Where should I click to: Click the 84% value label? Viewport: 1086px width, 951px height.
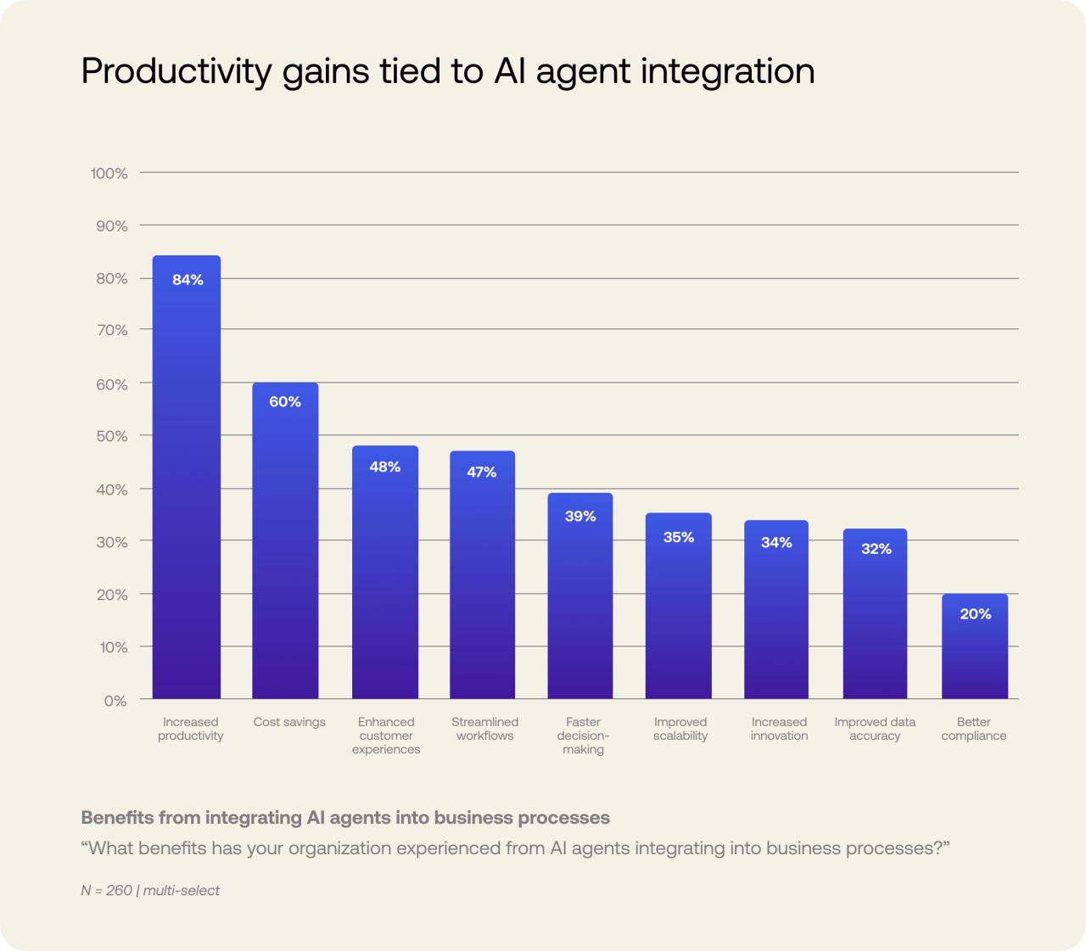(188, 280)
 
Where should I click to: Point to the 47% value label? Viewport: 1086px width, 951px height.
(482, 473)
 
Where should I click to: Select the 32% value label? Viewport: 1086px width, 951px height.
(876, 549)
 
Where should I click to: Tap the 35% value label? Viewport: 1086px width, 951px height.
(679, 537)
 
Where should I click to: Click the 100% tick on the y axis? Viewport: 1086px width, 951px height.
(109, 173)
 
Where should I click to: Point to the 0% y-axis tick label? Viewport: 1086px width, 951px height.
(115, 701)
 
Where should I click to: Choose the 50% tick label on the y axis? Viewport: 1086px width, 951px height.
(111, 436)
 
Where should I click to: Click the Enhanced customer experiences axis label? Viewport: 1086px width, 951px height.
(386, 736)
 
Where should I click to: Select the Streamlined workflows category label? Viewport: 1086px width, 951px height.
(484, 729)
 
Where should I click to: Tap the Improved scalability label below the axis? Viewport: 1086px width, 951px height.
(680, 729)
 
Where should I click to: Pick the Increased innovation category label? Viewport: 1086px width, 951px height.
(779, 729)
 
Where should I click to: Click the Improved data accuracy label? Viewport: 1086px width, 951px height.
(875, 729)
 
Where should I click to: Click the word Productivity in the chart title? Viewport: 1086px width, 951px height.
(176, 71)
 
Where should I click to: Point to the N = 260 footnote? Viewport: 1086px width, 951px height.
(107, 890)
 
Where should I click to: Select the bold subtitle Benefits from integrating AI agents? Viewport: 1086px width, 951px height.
(345, 818)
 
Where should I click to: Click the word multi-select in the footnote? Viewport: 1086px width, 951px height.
(182, 890)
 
